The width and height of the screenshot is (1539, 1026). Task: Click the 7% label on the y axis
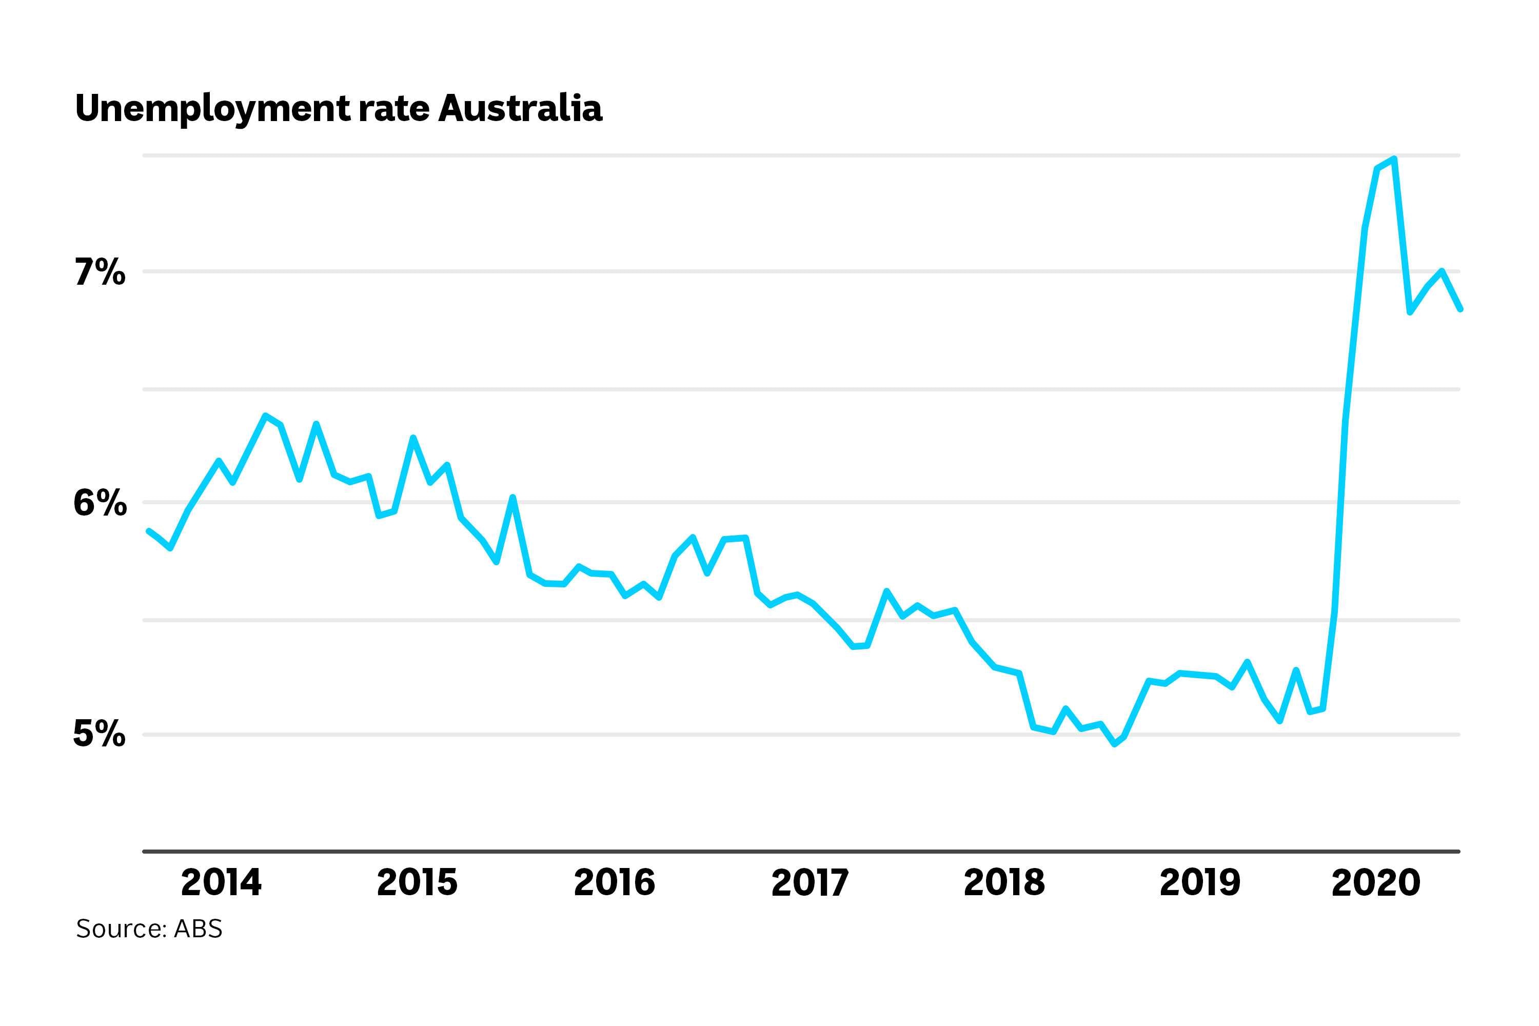(x=99, y=273)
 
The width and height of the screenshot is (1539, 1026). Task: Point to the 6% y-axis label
(x=99, y=504)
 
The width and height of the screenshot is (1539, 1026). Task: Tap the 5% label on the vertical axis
(x=99, y=734)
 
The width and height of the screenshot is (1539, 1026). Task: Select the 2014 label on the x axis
(x=221, y=883)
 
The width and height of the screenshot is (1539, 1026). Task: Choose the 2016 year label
(x=614, y=883)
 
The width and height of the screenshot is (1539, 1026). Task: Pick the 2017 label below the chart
(x=810, y=883)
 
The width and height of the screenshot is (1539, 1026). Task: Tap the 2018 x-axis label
(x=1004, y=883)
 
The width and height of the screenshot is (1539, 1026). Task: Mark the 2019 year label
(x=1199, y=883)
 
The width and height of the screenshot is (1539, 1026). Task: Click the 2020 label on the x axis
(x=1375, y=883)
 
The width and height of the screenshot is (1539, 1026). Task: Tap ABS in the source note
(x=198, y=929)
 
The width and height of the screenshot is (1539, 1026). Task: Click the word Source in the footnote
(x=121, y=929)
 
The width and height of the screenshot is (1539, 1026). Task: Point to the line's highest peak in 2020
(x=1394, y=159)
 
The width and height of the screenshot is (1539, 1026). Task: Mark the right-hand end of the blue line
(x=1460, y=309)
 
